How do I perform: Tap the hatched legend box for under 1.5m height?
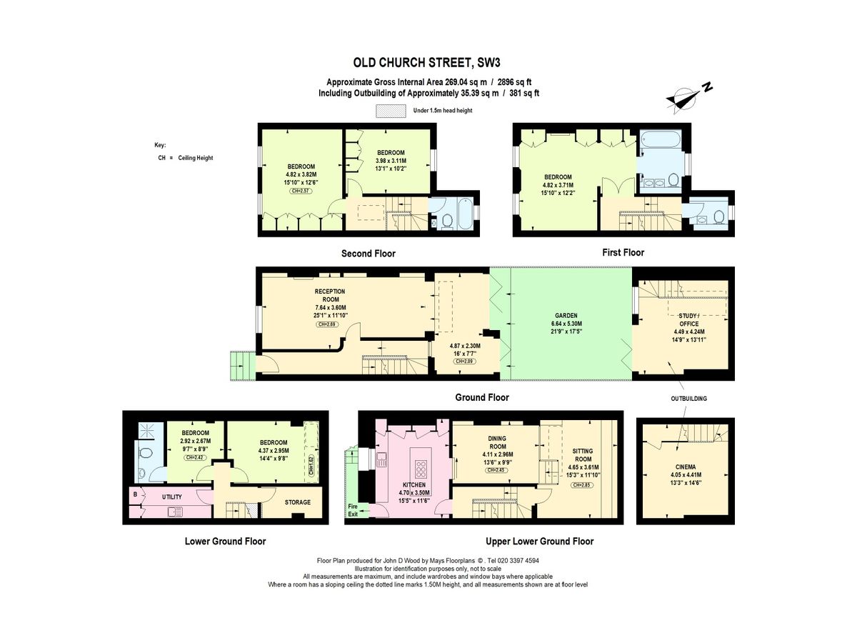391,111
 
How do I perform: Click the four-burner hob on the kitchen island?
421,469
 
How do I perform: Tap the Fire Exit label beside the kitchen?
353,510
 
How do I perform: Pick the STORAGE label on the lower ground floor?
298,502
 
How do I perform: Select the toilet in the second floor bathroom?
447,221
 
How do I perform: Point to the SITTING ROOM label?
583,455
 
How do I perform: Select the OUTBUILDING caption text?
688,398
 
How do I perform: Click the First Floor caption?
622,252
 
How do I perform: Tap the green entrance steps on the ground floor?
241,365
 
